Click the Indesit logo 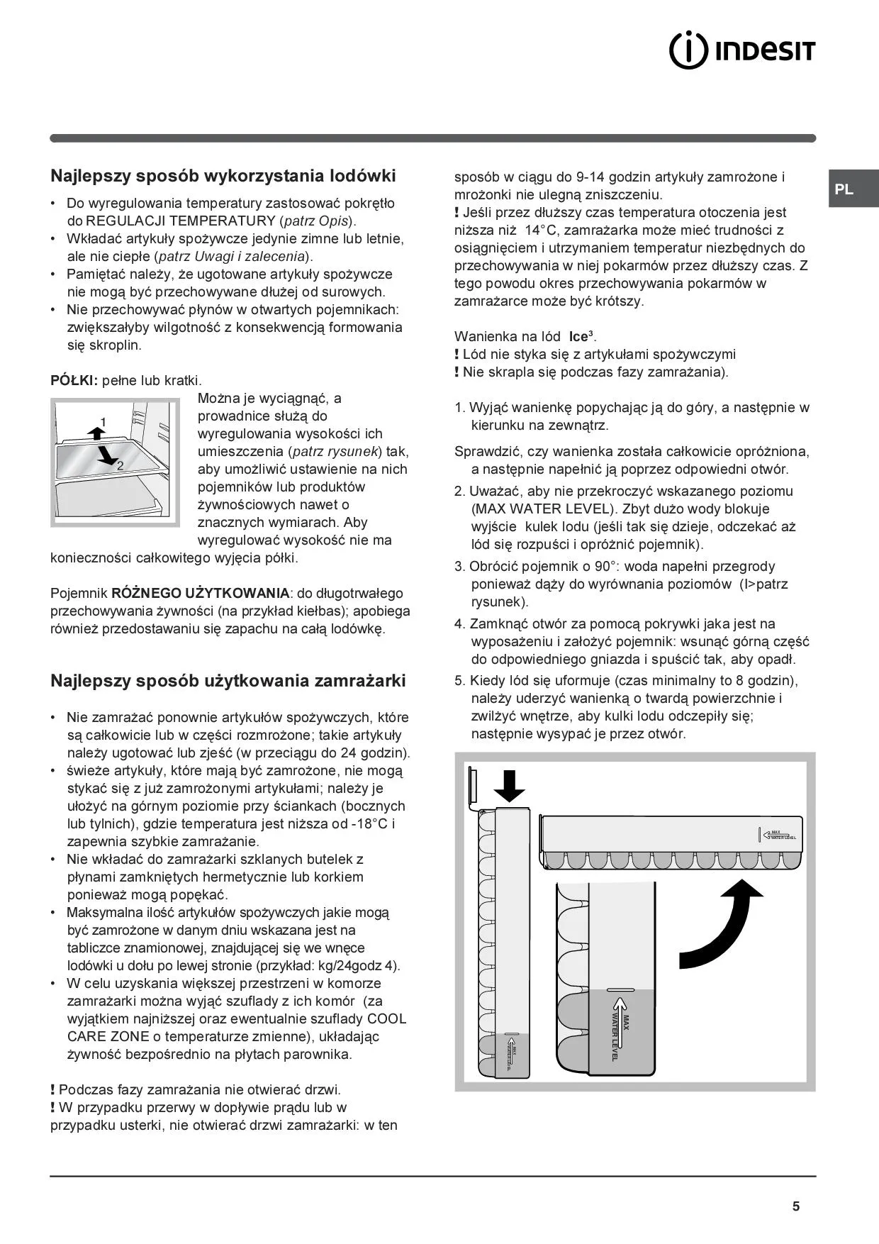(742, 51)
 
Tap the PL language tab (844, 189)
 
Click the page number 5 (796, 1206)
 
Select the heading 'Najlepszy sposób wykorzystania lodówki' (223, 176)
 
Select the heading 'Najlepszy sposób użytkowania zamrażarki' (228, 681)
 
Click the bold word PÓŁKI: (74, 381)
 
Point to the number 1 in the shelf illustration (103, 422)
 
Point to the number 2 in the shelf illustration (120, 465)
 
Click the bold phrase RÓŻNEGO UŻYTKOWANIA (201, 593)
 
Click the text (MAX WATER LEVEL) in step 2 (542, 509)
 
